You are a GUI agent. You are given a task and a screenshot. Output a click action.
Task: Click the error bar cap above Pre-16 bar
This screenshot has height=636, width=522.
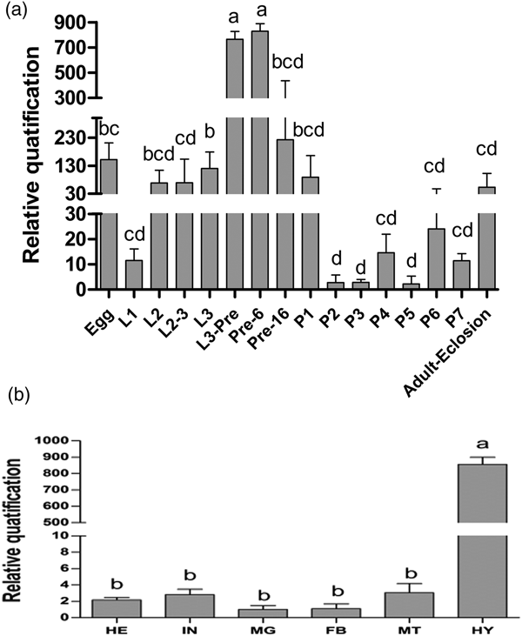285,81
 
